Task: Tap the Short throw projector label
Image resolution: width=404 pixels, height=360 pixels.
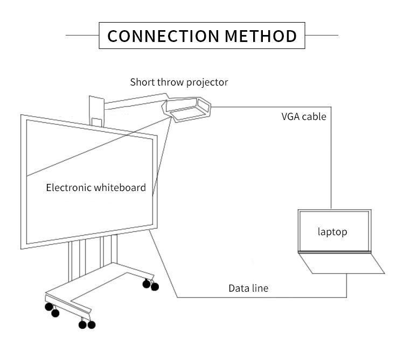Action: [179, 82]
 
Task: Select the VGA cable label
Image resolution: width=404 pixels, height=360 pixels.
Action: [303, 116]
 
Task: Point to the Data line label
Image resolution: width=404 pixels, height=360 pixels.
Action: [248, 288]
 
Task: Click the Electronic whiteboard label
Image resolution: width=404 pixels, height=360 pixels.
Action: [96, 188]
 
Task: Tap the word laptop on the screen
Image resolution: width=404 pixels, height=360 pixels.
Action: [332, 232]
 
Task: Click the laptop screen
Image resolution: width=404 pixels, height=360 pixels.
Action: [334, 231]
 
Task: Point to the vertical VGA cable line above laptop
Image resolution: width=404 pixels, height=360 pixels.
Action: [331, 161]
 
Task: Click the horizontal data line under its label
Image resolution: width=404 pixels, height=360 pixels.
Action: [259, 297]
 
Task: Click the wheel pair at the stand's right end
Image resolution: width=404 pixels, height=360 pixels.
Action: [151, 285]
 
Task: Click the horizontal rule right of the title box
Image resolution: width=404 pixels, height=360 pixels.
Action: [322, 36]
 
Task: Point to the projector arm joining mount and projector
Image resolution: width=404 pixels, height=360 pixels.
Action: [135, 101]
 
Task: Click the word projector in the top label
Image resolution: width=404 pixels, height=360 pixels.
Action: [207, 82]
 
